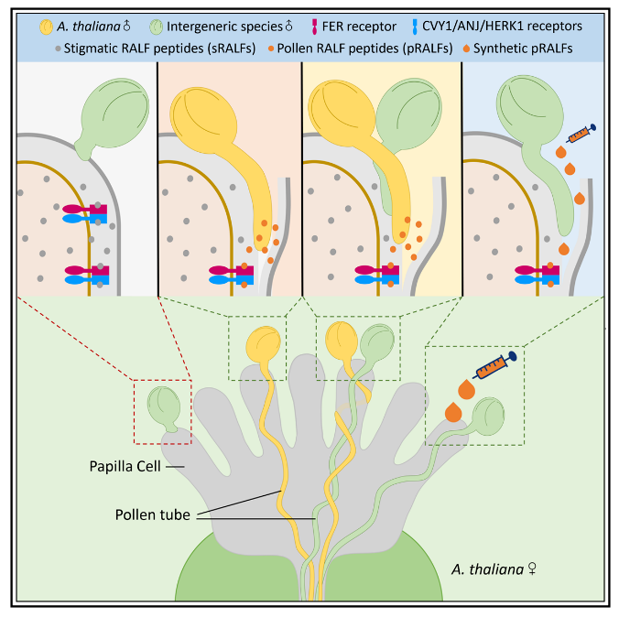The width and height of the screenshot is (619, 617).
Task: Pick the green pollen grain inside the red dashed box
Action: coord(165,406)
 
